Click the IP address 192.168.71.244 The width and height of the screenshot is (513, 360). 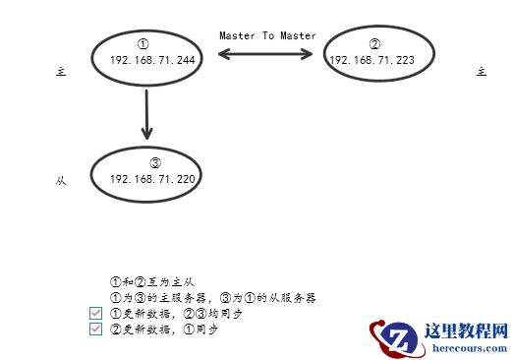152,59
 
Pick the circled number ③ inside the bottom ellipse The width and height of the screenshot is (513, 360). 154,162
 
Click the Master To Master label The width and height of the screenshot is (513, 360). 267,35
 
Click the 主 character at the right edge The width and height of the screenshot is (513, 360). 481,72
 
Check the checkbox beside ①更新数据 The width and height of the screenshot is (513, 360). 95,313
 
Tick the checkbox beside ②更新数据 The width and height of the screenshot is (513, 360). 95,330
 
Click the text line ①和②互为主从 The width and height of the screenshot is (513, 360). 152,281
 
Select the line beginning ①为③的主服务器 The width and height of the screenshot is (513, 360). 212,297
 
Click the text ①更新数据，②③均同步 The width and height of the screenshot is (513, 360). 176,313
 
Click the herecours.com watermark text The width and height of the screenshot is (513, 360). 458,346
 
